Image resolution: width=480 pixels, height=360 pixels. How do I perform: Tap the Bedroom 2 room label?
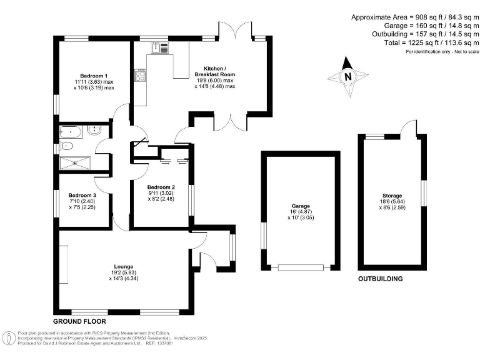pyautogui.click(x=161, y=187)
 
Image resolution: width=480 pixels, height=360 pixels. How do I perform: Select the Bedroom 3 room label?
pyautogui.click(x=82, y=195)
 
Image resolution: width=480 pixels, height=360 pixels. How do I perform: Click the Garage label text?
pyautogui.click(x=301, y=205)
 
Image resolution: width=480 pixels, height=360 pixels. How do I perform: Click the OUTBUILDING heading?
pyautogui.click(x=380, y=279)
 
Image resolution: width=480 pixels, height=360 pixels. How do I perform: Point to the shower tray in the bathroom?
pyautogui.click(x=74, y=162)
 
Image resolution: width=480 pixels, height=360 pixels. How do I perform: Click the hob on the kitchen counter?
pyautogui.click(x=139, y=76)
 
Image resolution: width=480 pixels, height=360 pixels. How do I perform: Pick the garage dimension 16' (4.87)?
pyautogui.click(x=301, y=211)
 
